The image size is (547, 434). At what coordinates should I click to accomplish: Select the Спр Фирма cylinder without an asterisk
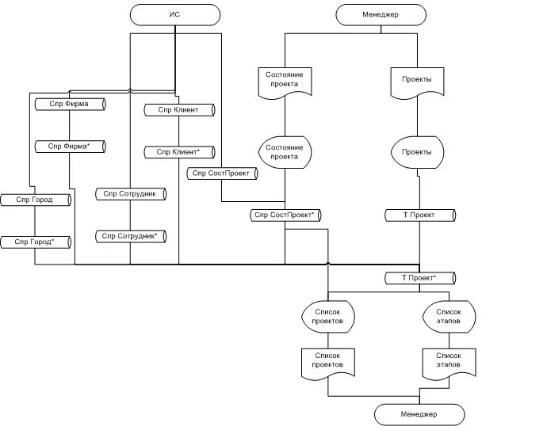pos(71,104)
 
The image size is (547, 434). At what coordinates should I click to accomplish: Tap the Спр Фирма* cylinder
pos(71,147)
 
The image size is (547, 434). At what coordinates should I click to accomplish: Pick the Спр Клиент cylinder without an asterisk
pos(179,109)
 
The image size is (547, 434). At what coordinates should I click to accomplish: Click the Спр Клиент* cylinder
pos(179,151)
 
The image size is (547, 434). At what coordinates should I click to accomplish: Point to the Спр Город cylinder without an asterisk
pos(36,200)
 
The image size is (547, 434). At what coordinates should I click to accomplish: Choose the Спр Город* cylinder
pos(36,241)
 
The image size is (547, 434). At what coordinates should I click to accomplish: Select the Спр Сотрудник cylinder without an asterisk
pos(132,193)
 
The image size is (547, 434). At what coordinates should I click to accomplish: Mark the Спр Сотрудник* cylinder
pos(132,236)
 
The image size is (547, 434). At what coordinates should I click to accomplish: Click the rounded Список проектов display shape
pos(327,318)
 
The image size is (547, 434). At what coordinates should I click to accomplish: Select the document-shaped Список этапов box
pos(449,362)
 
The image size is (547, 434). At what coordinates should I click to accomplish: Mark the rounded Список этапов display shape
pos(449,318)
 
